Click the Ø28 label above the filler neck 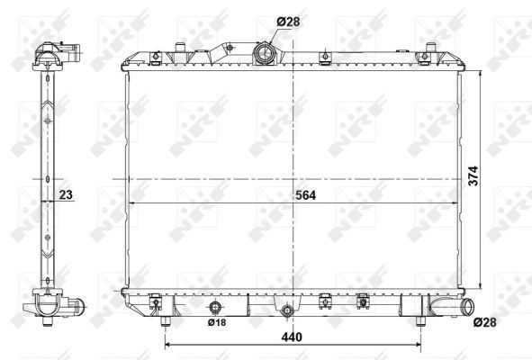point(288,22)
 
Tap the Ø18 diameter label point(216,321)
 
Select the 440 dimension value point(290,337)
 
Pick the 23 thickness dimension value point(66,194)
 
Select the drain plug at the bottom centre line point(287,312)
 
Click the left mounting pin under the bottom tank point(166,319)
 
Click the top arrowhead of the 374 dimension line point(482,69)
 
